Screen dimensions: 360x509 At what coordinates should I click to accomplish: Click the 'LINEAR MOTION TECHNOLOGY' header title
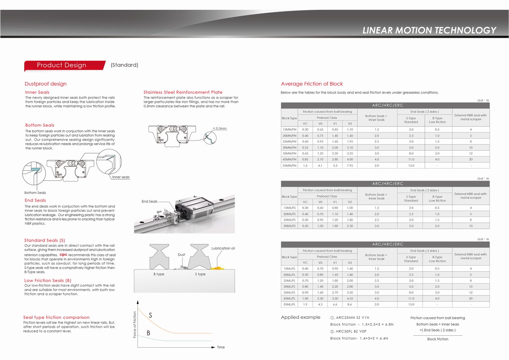[429, 30]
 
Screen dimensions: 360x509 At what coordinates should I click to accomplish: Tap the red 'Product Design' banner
[62, 65]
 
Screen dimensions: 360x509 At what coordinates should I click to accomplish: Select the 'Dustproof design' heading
[45, 84]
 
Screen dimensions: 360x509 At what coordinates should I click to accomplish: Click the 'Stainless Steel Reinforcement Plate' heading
[183, 92]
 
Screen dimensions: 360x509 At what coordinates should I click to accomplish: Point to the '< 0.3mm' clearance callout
[220, 128]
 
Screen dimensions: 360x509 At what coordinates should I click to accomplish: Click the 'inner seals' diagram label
[121, 177]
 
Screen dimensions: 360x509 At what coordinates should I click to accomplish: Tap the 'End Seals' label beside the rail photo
[149, 202]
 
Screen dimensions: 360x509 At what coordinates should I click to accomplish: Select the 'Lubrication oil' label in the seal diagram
[223, 248]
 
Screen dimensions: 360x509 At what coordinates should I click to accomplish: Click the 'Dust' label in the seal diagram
[181, 255]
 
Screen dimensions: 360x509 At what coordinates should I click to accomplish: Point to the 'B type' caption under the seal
[159, 274]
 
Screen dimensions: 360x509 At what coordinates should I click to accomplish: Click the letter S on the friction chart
[151, 315]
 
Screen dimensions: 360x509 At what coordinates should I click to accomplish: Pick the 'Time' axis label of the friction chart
[221, 347]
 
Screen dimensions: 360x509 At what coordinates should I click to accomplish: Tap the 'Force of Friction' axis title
[135, 325]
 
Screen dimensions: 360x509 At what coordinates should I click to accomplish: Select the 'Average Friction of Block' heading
[312, 84]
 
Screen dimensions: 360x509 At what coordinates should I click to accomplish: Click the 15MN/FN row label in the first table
[289, 129]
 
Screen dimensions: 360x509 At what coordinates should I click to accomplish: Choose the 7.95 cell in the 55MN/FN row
[350, 166]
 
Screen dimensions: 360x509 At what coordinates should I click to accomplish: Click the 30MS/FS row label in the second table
[289, 226]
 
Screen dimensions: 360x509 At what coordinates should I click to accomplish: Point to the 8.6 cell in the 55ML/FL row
[350, 304]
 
